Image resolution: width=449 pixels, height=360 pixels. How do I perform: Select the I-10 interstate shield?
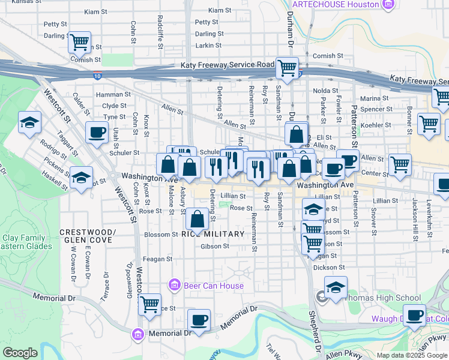click(97, 76)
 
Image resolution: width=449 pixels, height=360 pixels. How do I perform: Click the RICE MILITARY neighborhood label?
click(212, 234)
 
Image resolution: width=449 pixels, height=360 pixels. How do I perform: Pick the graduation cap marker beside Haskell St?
click(81, 178)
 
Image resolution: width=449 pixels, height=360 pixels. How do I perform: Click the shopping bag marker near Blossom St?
click(197, 220)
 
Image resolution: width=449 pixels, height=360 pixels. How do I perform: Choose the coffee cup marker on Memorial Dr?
click(199, 320)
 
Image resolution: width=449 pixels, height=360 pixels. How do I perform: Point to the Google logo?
click(20, 353)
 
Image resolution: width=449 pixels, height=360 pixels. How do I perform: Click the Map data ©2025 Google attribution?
click(412, 355)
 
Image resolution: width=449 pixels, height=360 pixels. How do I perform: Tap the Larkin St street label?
click(209, 45)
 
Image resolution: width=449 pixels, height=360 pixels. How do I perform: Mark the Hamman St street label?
click(113, 94)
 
